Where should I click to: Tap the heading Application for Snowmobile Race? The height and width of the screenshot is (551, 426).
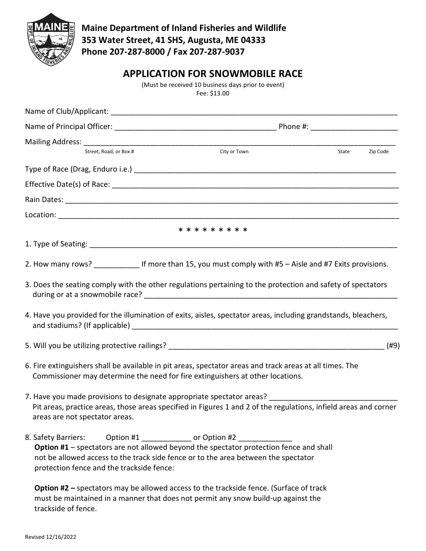click(x=213, y=73)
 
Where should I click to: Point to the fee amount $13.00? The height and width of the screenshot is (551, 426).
click(x=220, y=94)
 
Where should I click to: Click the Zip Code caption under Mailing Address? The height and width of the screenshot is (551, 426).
click(x=378, y=151)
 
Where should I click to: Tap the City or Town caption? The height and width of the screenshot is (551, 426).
click(x=234, y=151)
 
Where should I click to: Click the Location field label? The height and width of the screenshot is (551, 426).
click(x=40, y=215)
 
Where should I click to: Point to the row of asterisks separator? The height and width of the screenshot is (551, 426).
click(x=213, y=231)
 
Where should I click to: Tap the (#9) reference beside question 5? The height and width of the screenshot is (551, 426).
click(x=393, y=345)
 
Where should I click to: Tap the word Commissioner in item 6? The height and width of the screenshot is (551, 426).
click(x=55, y=376)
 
